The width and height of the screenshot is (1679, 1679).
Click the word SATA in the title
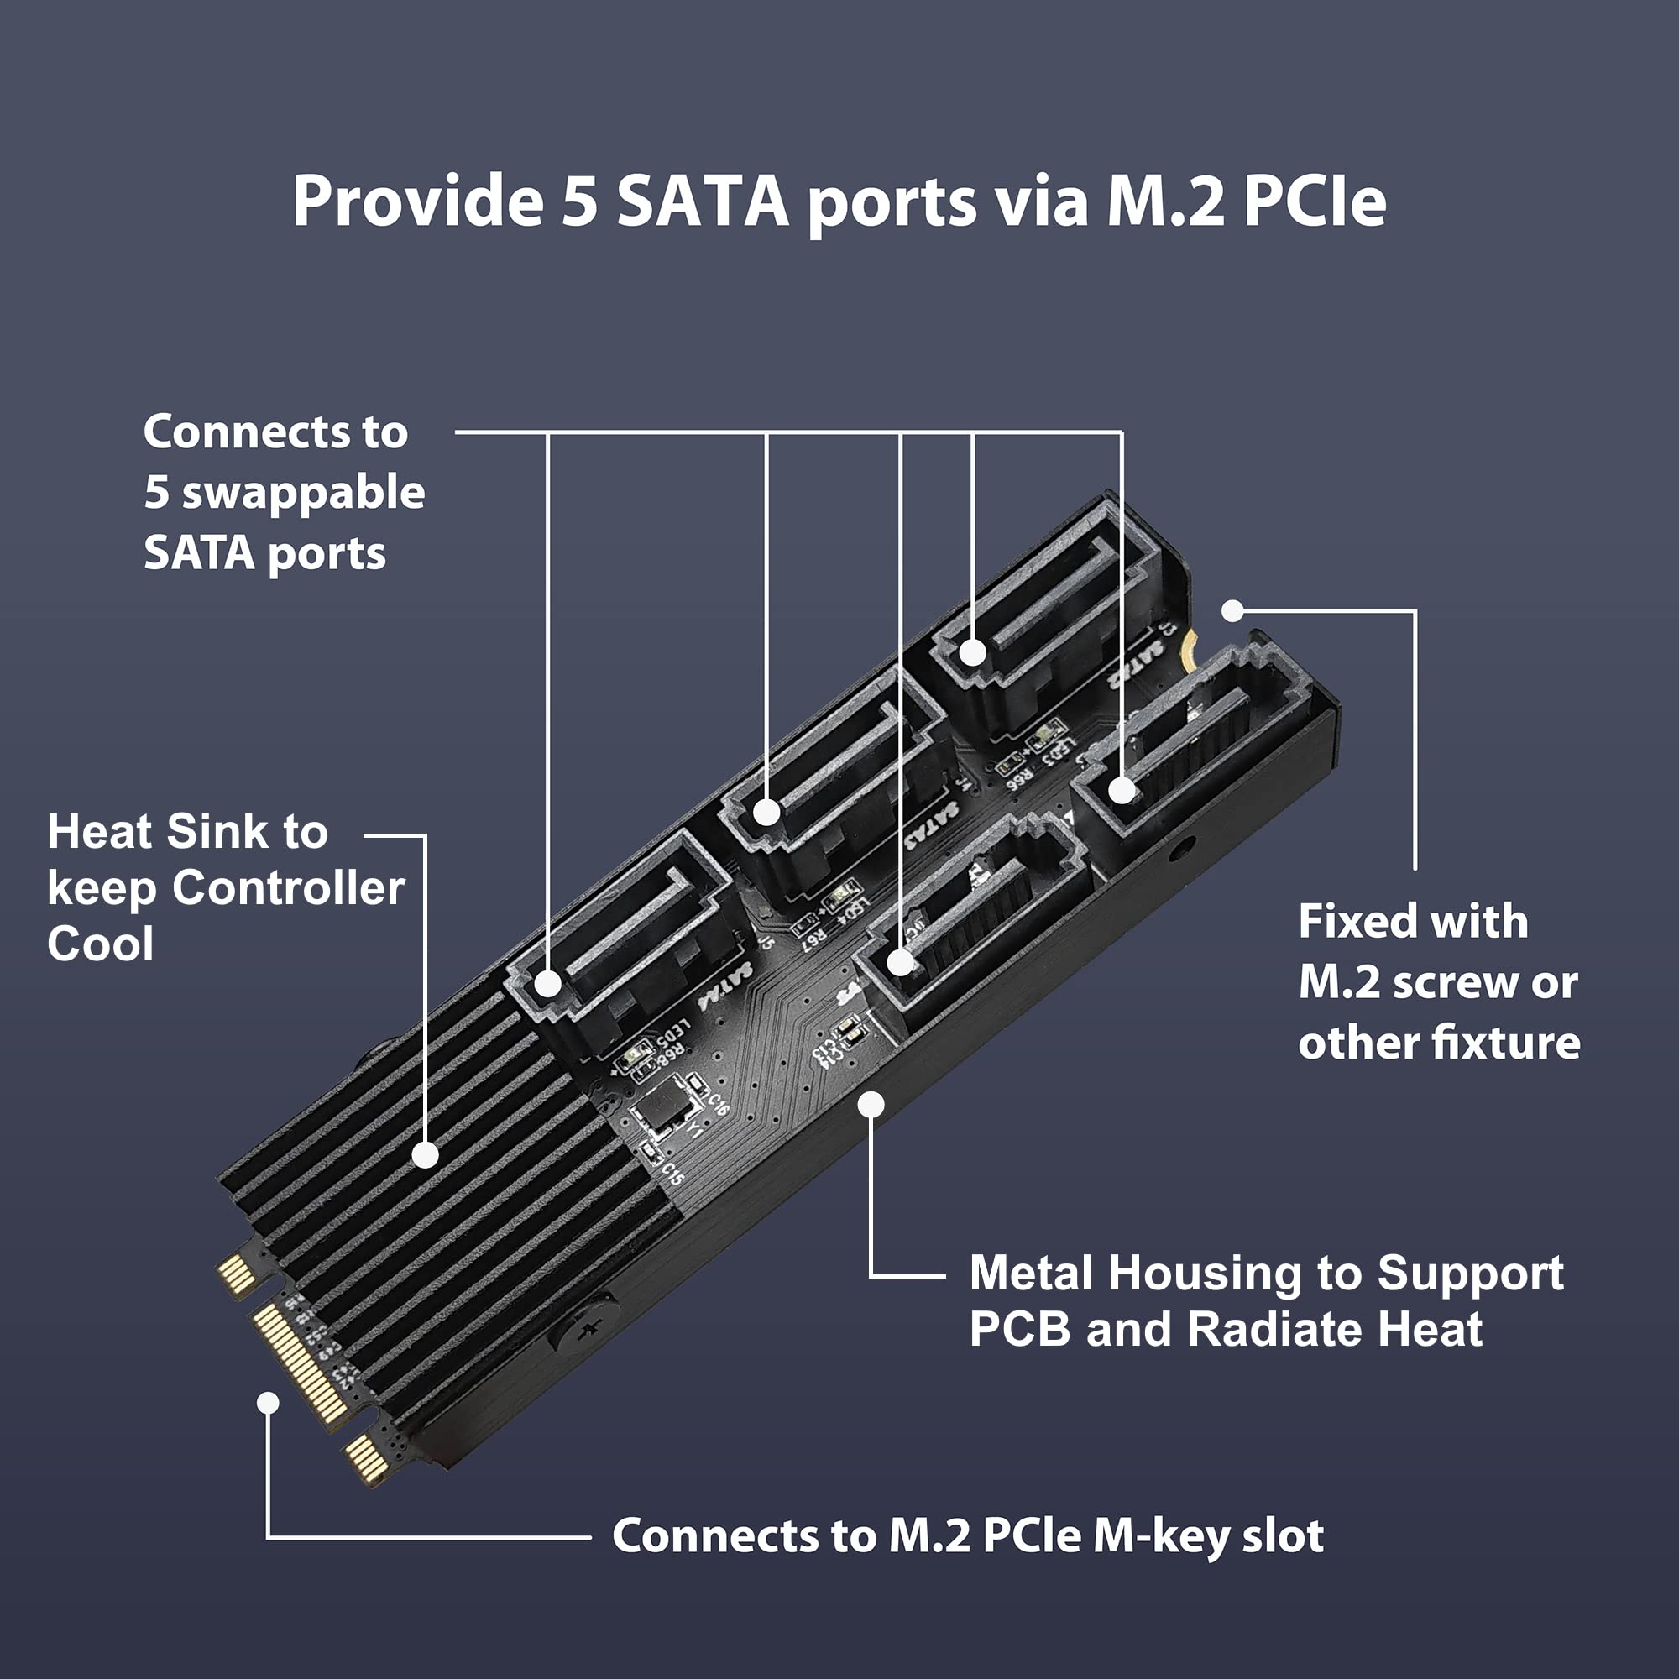click(701, 201)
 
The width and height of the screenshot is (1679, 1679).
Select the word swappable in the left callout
click(303, 493)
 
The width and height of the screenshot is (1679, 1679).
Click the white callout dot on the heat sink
click(425, 1155)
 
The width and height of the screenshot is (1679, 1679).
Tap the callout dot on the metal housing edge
click(871, 1105)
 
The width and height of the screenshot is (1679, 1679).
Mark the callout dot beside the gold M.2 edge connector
click(269, 1403)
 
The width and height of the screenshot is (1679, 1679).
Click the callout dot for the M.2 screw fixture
click(1232, 611)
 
